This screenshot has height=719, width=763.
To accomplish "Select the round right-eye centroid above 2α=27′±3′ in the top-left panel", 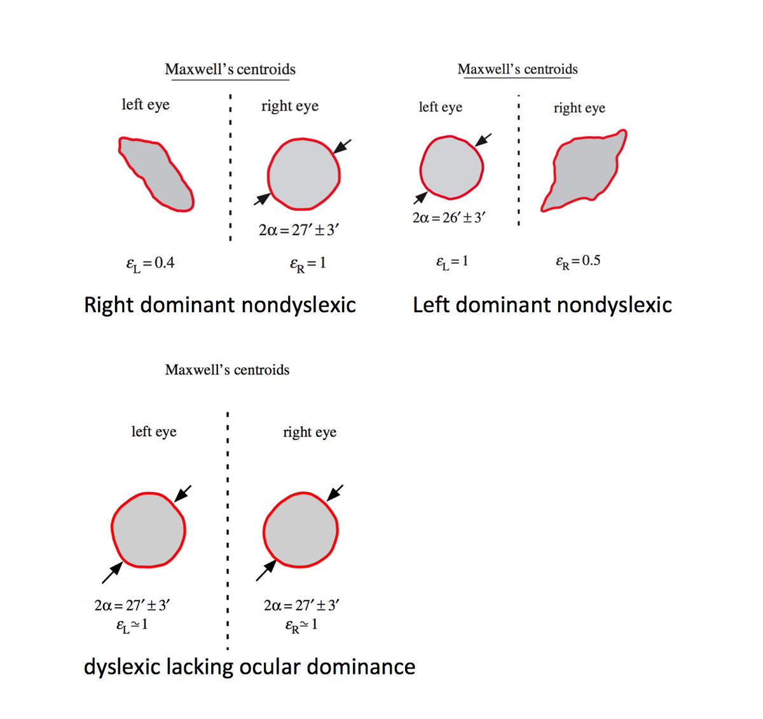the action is click(x=304, y=174).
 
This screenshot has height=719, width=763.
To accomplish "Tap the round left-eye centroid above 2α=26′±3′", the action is click(x=451, y=167).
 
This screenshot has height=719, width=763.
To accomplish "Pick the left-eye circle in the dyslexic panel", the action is click(x=148, y=530).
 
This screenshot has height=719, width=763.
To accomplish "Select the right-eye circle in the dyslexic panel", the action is click(x=301, y=530).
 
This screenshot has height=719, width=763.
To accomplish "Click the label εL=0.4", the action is click(x=150, y=263).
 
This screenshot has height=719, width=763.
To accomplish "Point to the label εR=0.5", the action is click(x=577, y=261).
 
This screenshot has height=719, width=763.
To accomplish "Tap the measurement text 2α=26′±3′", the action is click(x=449, y=217).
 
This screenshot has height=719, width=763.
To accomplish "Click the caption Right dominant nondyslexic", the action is click(x=219, y=305).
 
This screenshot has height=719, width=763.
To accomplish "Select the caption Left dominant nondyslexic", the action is click(x=542, y=305).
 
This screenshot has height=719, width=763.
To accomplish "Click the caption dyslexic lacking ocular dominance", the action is click(x=249, y=667).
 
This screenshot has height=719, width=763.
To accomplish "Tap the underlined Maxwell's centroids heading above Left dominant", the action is click(x=518, y=69).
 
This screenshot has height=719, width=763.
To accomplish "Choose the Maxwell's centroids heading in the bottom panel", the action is click(x=227, y=370).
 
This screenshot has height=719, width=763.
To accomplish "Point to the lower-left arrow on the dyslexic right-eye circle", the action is click(x=266, y=570).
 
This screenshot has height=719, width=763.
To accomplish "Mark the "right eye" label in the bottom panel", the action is click(x=310, y=432).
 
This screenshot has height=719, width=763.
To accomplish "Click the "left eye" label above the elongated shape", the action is click(x=146, y=104).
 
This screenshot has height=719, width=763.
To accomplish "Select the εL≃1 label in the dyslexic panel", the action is click(x=132, y=625).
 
